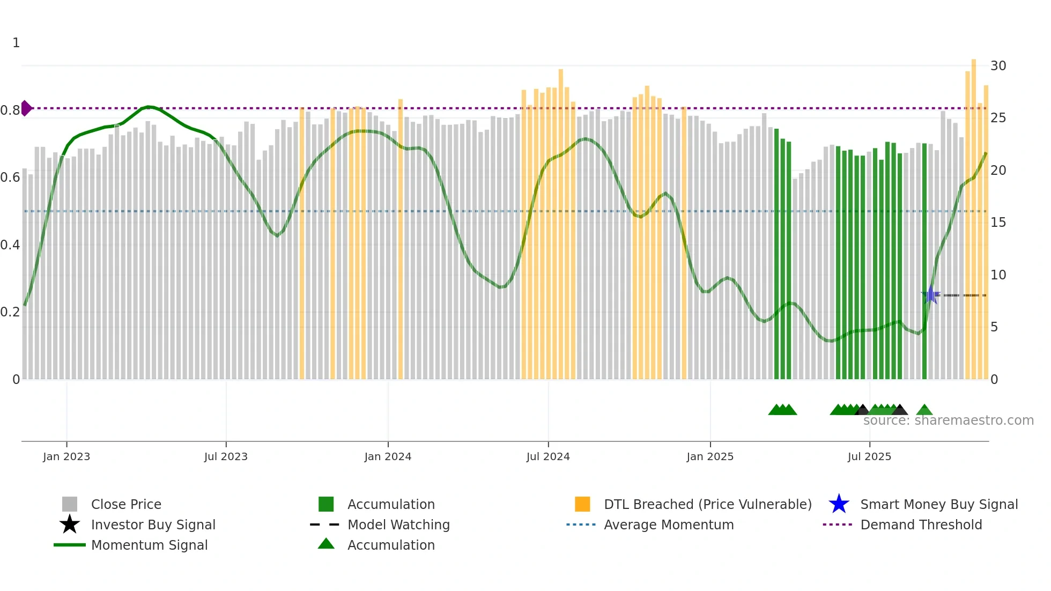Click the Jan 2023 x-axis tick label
tap(66, 456)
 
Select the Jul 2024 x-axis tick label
tap(548, 456)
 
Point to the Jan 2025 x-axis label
tap(710, 456)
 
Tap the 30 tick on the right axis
tap(998, 66)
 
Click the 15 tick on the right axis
tap(998, 223)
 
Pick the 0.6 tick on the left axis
tap(10, 178)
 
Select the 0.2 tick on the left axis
tap(10, 312)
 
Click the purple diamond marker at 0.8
tap(26, 108)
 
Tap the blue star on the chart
tap(930, 295)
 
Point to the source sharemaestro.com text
tap(948, 420)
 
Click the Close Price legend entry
tap(126, 504)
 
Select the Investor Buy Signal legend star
tap(70, 524)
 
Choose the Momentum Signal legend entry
tap(149, 545)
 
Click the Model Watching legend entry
tap(398, 524)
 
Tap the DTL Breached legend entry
tap(707, 504)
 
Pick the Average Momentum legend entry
tap(668, 524)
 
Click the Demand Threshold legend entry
tap(921, 524)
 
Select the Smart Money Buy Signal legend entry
tap(938, 504)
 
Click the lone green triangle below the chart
tap(924, 410)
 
